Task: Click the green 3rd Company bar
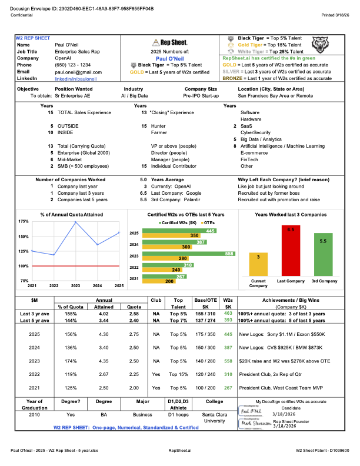[322, 257]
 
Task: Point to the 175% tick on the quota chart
[23, 221]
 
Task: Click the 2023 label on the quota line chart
[75, 285]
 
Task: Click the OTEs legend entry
[209, 223]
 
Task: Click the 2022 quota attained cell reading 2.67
[100, 374]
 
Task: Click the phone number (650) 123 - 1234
[73, 65]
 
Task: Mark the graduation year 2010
[34, 414]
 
